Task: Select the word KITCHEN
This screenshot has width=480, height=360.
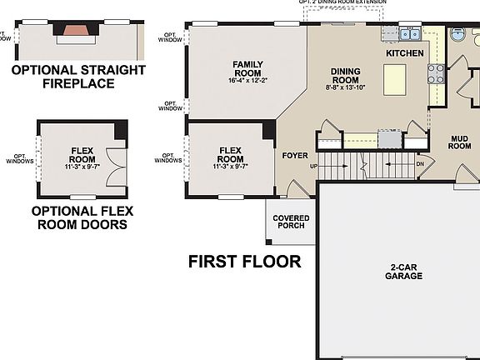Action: pos(404,53)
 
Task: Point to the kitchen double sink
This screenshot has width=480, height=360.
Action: pos(408,34)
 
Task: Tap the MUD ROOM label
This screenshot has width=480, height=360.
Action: pos(460,142)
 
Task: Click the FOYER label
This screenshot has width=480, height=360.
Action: pos(295,155)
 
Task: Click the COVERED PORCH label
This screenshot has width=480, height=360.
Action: pos(291,222)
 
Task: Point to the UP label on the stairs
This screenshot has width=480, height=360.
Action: pos(313,165)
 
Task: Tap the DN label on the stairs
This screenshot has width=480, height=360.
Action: pos(421,164)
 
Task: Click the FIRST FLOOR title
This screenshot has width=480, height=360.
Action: pos(244,262)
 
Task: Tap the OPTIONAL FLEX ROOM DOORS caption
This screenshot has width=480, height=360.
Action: pos(78,217)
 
